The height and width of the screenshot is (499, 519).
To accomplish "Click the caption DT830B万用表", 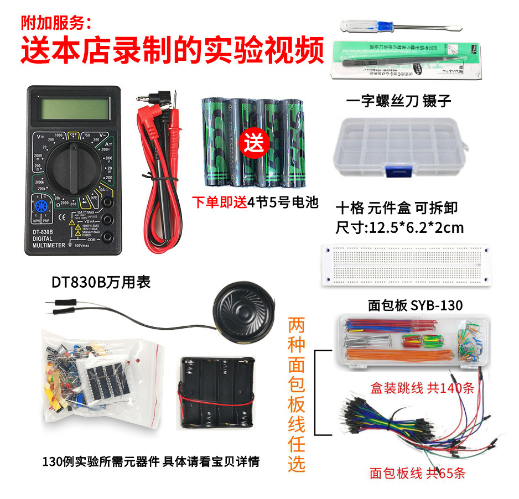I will pos(101,282).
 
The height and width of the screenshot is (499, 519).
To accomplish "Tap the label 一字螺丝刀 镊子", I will pos(398,101).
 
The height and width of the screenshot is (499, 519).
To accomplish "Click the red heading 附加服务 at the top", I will pos(55,23).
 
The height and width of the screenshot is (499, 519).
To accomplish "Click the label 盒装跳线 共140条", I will pos(423,388).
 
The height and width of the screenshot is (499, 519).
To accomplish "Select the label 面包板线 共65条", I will pos(418,473).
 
